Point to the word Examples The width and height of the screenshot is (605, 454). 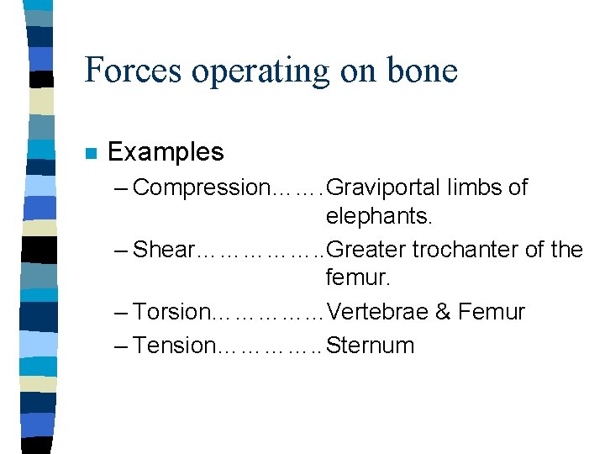point(166,152)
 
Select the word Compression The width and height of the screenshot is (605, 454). point(198,187)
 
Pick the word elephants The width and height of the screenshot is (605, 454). point(379,217)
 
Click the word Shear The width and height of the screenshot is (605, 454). point(164,250)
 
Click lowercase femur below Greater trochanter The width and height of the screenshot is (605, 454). point(356,279)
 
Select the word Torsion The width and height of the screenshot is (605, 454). point(172,312)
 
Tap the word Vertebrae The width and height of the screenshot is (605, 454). point(377,312)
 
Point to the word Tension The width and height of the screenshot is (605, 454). point(174,346)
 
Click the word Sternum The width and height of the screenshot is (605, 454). point(371,346)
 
